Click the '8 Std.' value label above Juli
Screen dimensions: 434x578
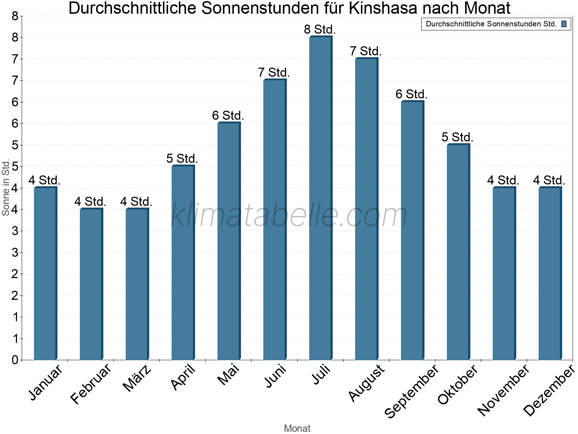click(x=320, y=29)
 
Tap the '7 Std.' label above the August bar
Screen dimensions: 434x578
click(x=366, y=51)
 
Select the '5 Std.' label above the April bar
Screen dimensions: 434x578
click(x=182, y=158)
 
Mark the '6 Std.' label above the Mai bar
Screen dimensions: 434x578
click(x=228, y=115)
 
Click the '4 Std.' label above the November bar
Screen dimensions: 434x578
click(x=503, y=180)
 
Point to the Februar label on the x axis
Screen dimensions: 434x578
click(x=91, y=384)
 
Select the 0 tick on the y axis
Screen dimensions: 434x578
click(x=15, y=360)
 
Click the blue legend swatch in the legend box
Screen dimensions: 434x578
click(x=564, y=24)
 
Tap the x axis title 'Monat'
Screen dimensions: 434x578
click(x=297, y=428)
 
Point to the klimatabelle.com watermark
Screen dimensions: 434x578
click(x=289, y=215)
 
